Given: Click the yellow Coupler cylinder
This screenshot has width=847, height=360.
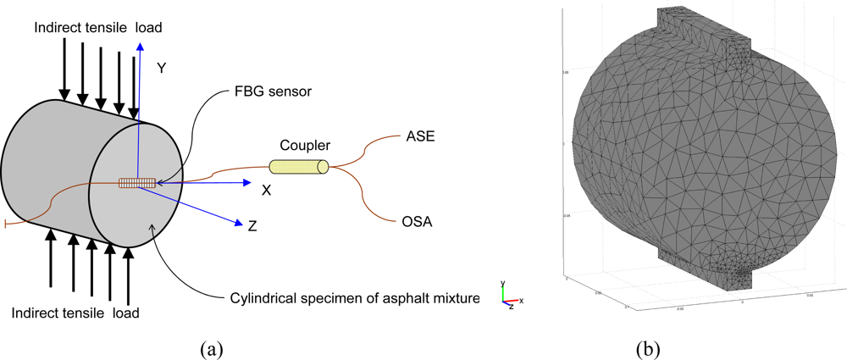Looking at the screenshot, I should point(298,168).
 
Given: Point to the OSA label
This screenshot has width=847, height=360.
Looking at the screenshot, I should point(417,223).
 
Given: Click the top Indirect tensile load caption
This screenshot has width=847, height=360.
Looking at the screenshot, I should point(97,28).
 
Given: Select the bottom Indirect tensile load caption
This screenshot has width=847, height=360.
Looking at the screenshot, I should point(75,313).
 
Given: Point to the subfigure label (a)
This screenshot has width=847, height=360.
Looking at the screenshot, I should point(212,347).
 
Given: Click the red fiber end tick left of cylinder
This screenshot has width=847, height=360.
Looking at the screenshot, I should point(6,224).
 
